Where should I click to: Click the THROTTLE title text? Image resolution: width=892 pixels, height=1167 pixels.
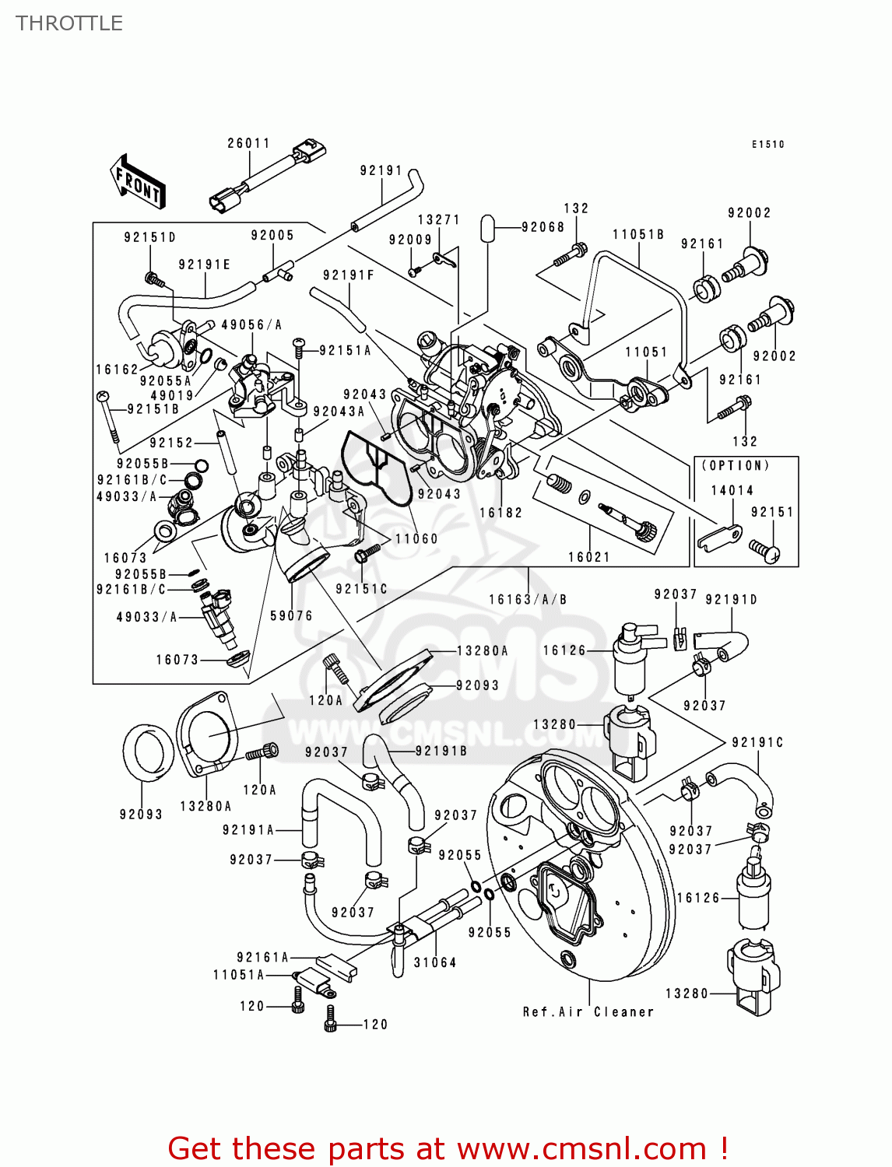(69, 23)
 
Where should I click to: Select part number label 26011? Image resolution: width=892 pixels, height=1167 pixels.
(248, 143)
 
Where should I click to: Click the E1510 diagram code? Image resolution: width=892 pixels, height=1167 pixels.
(767, 144)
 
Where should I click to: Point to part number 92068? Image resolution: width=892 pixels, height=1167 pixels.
(543, 227)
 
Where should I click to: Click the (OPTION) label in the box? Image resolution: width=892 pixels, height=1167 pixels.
(736, 465)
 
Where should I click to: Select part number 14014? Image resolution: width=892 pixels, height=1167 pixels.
(732, 490)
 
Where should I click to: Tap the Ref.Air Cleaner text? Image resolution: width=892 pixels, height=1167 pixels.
(588, 1011)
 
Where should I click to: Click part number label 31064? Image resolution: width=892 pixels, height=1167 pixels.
(435, 962)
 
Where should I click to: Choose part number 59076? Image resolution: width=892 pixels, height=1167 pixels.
(291, 615)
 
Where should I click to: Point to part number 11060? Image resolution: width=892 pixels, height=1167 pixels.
(416, 538)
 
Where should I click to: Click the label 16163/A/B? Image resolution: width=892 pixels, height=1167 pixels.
(528, 599)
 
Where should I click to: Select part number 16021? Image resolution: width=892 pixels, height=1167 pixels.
(589, 557)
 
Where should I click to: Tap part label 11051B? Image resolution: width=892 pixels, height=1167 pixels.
(638, 234)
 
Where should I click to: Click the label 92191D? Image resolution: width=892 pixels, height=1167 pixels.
(731, 599)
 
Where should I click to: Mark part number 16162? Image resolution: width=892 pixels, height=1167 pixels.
(117, 370)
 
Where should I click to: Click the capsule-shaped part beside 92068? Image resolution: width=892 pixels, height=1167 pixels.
(487, 228)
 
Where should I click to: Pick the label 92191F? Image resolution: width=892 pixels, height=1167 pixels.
(349, 275)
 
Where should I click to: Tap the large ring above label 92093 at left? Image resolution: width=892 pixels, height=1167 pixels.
(148, 751)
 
